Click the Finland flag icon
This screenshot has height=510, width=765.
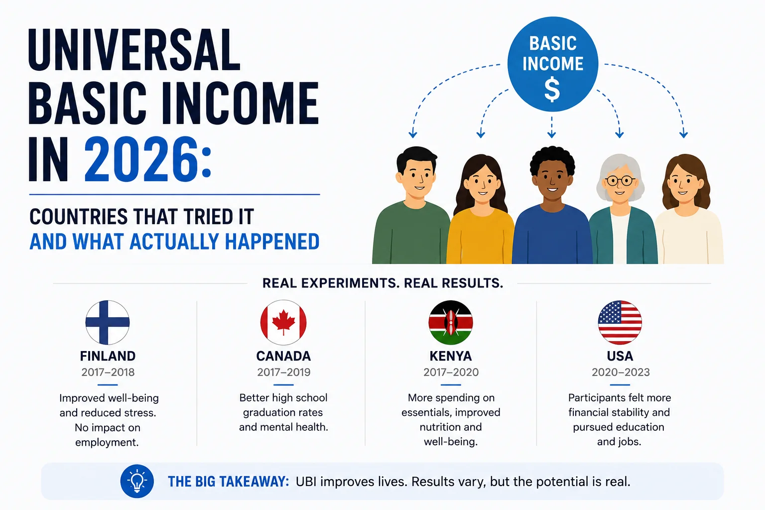[x=108, y=322]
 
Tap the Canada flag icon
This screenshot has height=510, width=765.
[x=283, y=322]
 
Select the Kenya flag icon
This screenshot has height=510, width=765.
[x=451, y=322]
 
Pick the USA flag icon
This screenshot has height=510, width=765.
[x=620, y=322]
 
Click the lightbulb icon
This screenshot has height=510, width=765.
[x=137, y=481]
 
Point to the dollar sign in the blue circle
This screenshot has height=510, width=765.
[x=552, y=90]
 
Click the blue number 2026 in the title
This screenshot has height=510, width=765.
[x=141, y=159]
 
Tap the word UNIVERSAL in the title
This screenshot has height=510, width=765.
[x=134, y=50]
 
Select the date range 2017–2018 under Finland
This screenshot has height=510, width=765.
[x=108, y=372]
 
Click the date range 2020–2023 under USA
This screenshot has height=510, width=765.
[x=621, y=372]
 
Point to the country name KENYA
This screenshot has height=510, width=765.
[x=451, y=356]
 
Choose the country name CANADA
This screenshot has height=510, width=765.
[x=283, y=356]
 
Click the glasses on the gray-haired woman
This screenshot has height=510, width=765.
[x=620, y=180]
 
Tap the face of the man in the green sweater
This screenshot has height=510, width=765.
[x=416, y=179]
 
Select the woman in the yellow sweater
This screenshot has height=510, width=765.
[x=481, y=212]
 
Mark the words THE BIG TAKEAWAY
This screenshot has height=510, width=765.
[x=229, y=482]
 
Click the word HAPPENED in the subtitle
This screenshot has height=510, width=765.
[x=272, y=242]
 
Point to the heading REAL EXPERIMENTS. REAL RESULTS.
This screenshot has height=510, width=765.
[x=382, y=283]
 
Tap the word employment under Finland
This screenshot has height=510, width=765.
[x=107, y=442]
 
